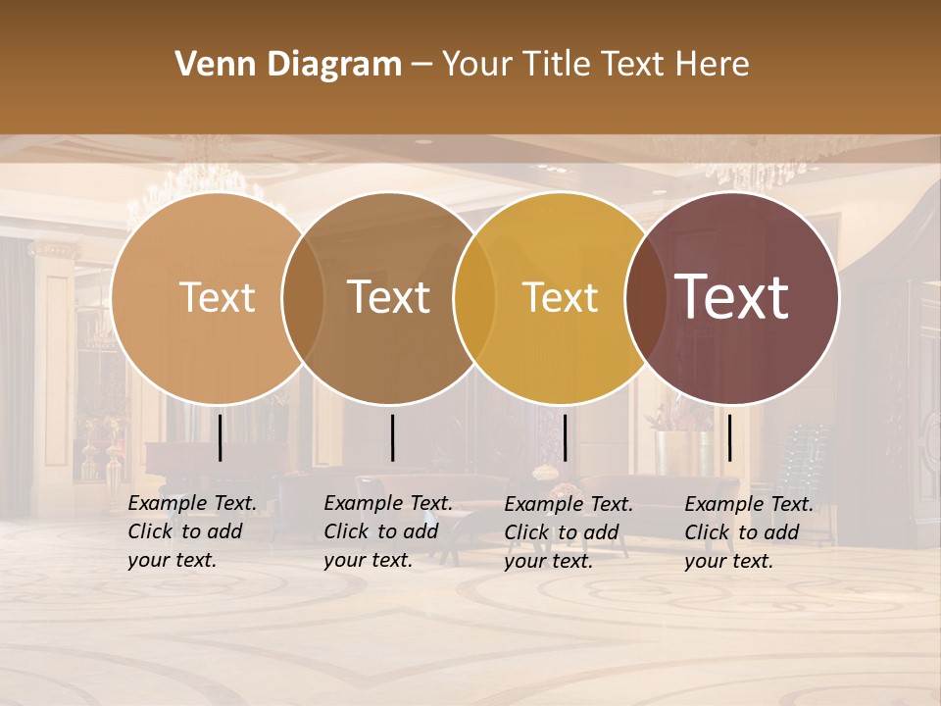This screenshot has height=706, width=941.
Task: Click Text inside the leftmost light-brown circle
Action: (x=217, y=297)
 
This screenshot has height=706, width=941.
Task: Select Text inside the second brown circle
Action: (x=389, y=297)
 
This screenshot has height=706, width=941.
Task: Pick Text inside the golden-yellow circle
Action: (x=560, y=297)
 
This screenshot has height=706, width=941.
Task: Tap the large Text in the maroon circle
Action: (x=732, y=297)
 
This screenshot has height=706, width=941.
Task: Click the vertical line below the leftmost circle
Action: (x=220, y=437)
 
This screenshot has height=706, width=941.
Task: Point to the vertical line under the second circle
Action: (x=392, y=437)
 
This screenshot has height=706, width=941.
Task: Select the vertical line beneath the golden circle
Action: (x=565, y=437)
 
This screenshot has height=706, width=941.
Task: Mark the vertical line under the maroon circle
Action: (x=729, y=437)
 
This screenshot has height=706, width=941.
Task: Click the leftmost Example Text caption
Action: (x=191, y=531)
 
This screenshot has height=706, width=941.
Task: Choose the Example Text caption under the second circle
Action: (x=387, y=531)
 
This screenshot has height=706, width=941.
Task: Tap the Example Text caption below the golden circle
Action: (x=568, y=532)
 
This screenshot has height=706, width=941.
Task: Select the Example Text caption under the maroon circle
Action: (x=748, y=532)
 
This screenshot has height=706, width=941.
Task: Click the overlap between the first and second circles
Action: (x=303, y=297)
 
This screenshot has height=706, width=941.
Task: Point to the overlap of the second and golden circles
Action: (x=474, y=297)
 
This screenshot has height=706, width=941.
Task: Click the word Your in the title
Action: (x=477, y=65)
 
